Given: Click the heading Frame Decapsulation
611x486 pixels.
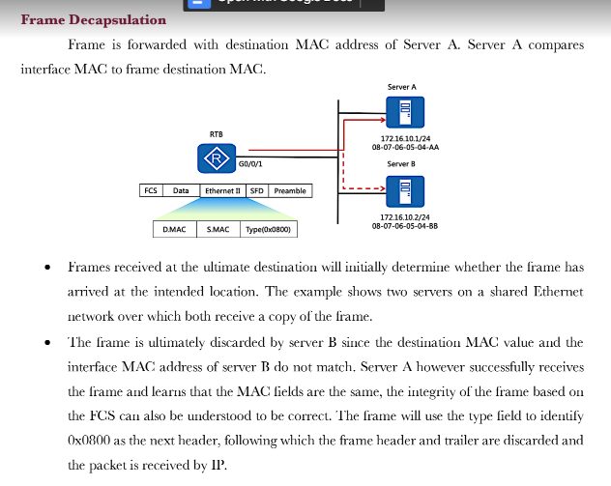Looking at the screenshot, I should [93, 19].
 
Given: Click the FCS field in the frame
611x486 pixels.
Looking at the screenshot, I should [151, 191].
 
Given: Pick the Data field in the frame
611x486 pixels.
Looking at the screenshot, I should [181, 191].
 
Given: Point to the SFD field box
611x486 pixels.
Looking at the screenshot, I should [257, 191].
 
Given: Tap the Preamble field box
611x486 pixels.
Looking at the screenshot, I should [289, 191].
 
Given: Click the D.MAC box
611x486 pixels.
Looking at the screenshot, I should [175, 230].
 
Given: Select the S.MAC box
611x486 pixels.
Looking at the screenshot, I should [218, 230].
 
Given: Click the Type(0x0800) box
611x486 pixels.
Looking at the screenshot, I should [268, 230].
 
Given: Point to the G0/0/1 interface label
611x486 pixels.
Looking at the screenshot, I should [250, 164].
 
